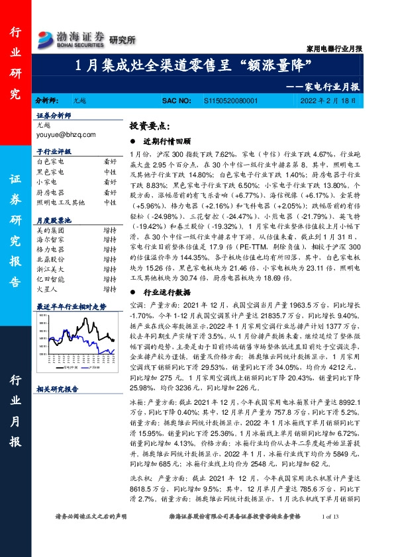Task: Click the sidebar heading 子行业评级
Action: pos(53,152)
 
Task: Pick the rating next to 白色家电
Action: pos(110,161)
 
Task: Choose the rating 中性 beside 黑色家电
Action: pos(110,171)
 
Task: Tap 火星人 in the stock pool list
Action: pos(46,288)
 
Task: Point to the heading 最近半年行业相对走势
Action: pos(71,307)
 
